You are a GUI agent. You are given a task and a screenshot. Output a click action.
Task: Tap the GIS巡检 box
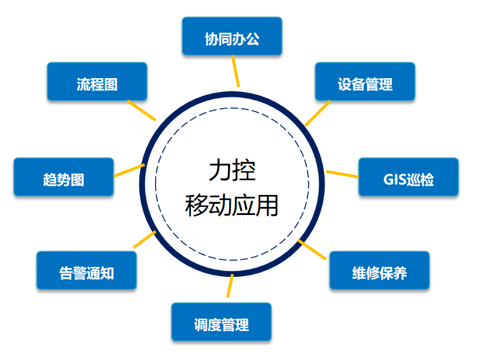408,179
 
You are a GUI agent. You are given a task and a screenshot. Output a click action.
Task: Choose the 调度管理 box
221,324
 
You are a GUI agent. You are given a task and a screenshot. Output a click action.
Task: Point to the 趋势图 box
64,179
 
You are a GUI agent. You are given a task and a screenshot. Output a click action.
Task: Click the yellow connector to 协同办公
235,71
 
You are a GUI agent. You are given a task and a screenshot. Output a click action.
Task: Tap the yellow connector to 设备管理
317,113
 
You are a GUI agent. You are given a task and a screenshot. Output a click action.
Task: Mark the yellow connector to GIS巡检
343,174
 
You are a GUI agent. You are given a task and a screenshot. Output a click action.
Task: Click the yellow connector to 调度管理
229,286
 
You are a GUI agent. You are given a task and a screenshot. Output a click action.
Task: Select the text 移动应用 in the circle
232,204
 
